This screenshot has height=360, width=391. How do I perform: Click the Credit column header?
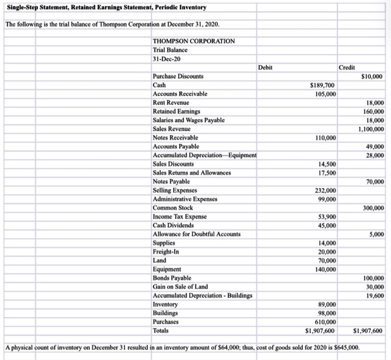tap(347, 68)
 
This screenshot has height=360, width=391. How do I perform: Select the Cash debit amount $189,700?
tap(322, 85)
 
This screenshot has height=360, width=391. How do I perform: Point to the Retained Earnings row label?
tap(174, 112)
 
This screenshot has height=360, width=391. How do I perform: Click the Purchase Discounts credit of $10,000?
tap(372, 76)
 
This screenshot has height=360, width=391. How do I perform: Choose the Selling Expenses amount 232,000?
tap(325, 190)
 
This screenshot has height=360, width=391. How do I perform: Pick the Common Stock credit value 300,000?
tap(373, 208)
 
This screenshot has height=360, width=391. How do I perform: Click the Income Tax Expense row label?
tap(179, 217)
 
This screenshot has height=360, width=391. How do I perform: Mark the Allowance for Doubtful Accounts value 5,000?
tap(376, 234)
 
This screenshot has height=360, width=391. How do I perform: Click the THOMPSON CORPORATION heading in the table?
tap(193, 41)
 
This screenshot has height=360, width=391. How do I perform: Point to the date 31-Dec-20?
tap(166, 59)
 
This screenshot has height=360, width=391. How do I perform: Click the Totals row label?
tap(161, 330)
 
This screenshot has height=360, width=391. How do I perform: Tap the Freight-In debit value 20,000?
tap(327, 252)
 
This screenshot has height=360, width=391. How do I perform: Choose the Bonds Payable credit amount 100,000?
tap(373, 278)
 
